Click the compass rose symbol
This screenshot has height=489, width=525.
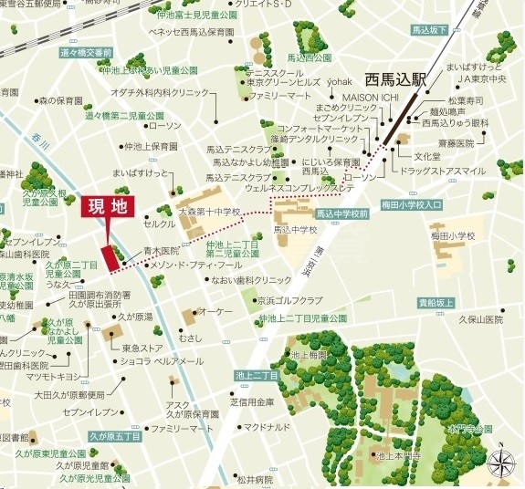(x=501, y=463)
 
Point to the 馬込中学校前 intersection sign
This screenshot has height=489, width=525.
(x=342, y=213)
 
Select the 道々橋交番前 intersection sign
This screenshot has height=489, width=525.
(x=85, y=53)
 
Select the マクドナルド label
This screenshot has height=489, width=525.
(x=266, y=426)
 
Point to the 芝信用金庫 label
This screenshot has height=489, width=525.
(x=252, y=401)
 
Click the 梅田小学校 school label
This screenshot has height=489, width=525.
(x=454, y=235)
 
